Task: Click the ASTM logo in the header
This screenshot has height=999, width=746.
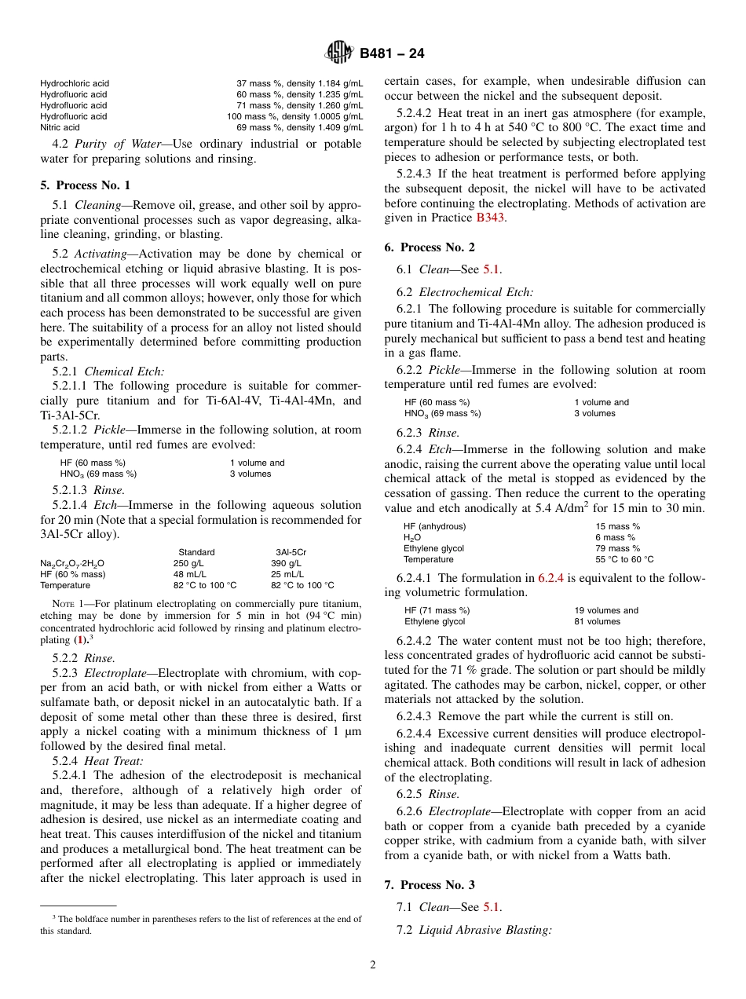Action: [340, 53]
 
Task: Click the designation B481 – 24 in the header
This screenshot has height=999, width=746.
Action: [392, 54]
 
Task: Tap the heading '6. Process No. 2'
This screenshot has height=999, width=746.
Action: [430, 247]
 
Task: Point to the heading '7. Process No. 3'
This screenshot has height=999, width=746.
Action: [430, 884]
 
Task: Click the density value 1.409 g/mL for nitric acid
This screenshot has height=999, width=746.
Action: [338, 127]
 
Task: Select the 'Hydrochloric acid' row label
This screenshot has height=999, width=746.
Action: [75, 83]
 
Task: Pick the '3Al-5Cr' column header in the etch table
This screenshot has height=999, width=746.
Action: [291, 552]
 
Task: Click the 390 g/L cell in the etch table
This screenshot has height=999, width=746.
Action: [286, 563]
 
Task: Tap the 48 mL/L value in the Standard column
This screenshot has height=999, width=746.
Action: [189, 574]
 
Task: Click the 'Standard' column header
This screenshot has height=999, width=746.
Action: [196, 552]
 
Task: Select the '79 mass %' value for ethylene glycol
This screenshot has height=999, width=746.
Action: [617, 548]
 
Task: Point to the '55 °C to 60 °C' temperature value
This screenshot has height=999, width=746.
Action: [624, 559]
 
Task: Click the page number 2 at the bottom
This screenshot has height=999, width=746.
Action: [373, 965]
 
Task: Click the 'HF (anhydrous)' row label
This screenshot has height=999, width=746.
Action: [434, 526]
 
